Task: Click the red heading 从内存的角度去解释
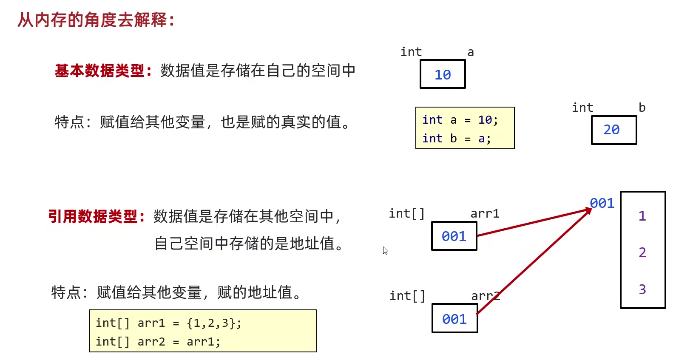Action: [96, 20]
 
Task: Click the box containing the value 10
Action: [443, 74]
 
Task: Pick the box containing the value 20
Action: [613, 130]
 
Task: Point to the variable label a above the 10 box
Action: [471, 52]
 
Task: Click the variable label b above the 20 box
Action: [642, 108]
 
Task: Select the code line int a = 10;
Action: [460, 120]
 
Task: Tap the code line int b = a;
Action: [457, 139]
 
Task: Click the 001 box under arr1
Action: [454, 236]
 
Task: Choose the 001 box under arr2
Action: [454, 319]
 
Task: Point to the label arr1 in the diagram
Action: [485, 213]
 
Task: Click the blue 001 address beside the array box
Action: [602, 203]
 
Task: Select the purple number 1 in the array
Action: [642, 216]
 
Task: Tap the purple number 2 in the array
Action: [642, 252]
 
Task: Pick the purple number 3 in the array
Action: [642, 289]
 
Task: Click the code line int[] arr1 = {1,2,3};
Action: [168, 323]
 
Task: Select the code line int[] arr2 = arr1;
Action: [158, 342]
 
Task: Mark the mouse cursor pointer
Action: [385, 250]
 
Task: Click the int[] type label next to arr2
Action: [407, 296]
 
